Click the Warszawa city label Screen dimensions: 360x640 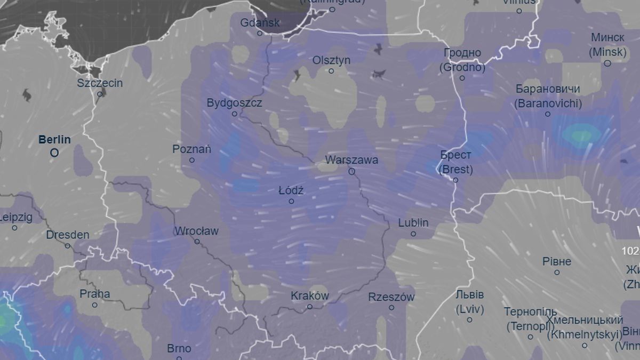351,160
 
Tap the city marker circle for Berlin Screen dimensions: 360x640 54,153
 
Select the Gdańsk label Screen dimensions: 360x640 260,23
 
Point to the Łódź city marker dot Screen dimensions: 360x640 291,201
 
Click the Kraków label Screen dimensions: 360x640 309,295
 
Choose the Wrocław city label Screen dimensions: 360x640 196,231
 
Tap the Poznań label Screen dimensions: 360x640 191,149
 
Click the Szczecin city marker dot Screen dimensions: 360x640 100,94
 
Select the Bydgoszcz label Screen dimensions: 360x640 234,103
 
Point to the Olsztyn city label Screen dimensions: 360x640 331,60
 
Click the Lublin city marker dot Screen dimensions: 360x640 413,234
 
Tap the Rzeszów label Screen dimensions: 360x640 391,297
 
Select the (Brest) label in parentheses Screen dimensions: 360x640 455,170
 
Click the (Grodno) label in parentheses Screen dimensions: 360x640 462,68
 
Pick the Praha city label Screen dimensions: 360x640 94,294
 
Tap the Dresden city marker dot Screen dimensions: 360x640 67,245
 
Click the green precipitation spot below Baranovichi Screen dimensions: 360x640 580,135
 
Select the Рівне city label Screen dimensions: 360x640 556,262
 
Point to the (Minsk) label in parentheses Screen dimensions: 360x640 607,52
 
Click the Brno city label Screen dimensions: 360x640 179,349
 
